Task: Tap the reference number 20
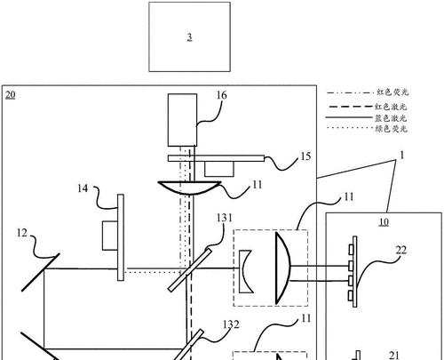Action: [10, 95]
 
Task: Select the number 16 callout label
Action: [221, 95]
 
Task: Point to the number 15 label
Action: [305, 156]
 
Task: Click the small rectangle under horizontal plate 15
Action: [219, 169]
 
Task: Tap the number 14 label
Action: [83, 188]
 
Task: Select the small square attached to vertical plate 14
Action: [110, 236]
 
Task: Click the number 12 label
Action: [22, 233]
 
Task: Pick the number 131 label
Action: [225, 218]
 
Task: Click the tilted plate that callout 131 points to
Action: [190, 269]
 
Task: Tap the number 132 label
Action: [231, 324]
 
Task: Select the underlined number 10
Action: [384, 222]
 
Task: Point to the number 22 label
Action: [401, 251]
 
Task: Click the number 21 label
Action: [393, 356]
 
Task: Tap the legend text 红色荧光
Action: [392, 92]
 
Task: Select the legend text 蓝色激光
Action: [391, 118]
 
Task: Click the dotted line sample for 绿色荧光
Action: [349, 128]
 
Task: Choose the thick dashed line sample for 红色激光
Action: [349, 106]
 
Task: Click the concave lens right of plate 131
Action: [245, 272]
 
